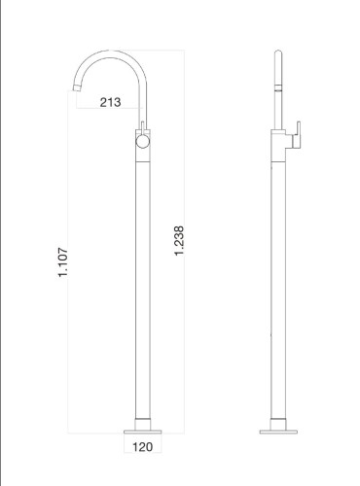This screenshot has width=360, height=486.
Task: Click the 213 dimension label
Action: (110, 103)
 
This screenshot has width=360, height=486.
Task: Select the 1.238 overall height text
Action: (179, 241)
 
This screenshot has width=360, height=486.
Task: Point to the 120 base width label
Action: (142, 448)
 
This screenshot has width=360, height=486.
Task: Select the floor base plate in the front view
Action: (142, 429)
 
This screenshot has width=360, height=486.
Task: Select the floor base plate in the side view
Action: (276, 429)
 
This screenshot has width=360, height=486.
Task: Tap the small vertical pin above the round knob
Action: (143, 126)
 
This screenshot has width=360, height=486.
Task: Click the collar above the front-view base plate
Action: (142, 422)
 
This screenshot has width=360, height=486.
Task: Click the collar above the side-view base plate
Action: (276, 422)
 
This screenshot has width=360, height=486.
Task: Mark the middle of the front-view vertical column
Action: (142, 282)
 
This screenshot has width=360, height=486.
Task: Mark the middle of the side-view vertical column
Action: (276, 282)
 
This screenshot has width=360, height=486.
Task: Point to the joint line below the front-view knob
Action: (142, 160)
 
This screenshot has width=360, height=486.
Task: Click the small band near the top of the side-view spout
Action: (276, 87)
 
